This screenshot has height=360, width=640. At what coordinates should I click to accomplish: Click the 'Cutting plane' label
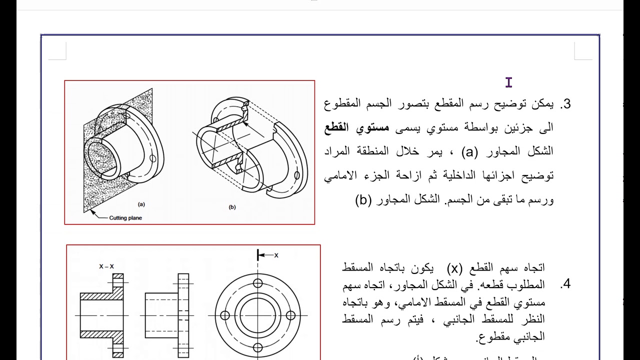(125, 217)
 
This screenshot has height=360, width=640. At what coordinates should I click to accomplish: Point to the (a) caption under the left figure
(141, 204)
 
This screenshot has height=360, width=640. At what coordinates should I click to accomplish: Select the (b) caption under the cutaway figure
(232, 207)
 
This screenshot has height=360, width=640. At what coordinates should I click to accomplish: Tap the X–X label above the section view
(106, 266)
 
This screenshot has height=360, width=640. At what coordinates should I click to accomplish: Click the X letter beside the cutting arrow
(276, 255)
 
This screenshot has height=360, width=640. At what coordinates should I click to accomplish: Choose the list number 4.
(565, 285)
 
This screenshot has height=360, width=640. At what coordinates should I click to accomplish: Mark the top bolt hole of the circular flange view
(258, 283)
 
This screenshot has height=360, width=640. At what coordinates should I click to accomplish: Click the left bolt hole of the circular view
(225, 315)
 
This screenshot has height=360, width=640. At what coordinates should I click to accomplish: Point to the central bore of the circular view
(258, 315)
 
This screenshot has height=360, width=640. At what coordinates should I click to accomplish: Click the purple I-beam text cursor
(509, 82)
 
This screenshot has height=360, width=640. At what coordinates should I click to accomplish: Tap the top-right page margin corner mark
(582, 51)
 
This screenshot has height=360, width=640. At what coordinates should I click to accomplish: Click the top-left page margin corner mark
(57, 51)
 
